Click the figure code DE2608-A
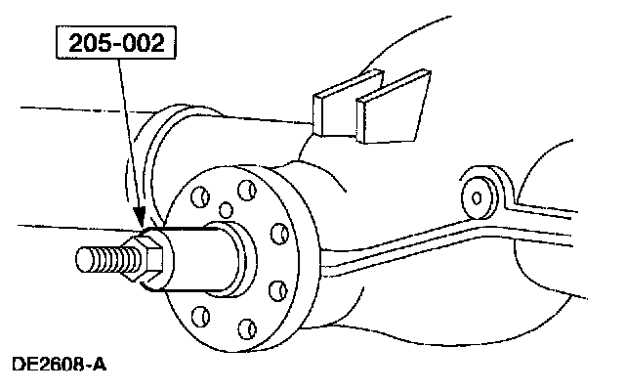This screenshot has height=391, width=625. (59, 367)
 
